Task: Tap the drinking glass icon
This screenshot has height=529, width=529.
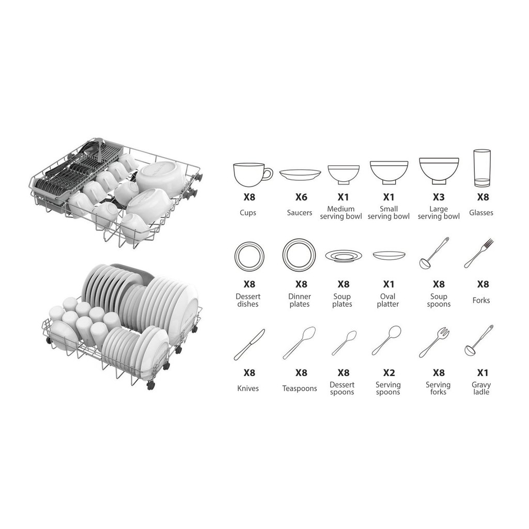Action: coord(482,168)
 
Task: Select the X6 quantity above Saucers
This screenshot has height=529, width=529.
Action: coord(301,197)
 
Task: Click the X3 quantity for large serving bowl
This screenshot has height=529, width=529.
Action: coord(439,197)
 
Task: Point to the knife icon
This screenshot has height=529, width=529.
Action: coord(250,345)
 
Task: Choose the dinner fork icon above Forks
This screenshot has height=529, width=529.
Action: coord(479,253)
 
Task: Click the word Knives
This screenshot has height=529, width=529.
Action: coord(248,388)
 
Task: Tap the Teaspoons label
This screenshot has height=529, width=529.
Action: coord(300,388)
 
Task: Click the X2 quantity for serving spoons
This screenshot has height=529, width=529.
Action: coord(388,373)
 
